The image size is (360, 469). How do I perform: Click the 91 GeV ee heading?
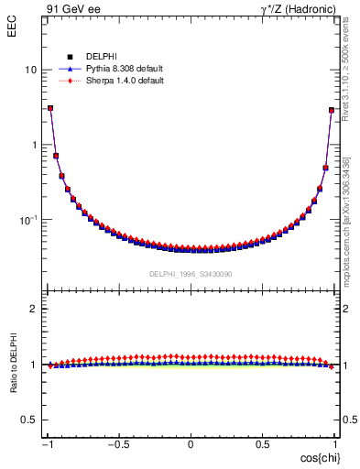(73, 9)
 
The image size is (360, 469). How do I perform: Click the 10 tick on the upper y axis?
(30, 70)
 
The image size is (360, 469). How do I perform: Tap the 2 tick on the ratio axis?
(34, 309)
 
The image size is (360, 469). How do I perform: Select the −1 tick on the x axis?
(48, 444)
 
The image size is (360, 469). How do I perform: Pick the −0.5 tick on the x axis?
(118, 444)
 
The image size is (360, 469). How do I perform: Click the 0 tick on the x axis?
(191, 444)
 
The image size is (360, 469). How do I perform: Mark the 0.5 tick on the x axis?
(262, 444)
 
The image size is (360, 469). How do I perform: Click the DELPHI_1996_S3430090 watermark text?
(191, 274)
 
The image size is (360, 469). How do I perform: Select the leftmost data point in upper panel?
(50, 108)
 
